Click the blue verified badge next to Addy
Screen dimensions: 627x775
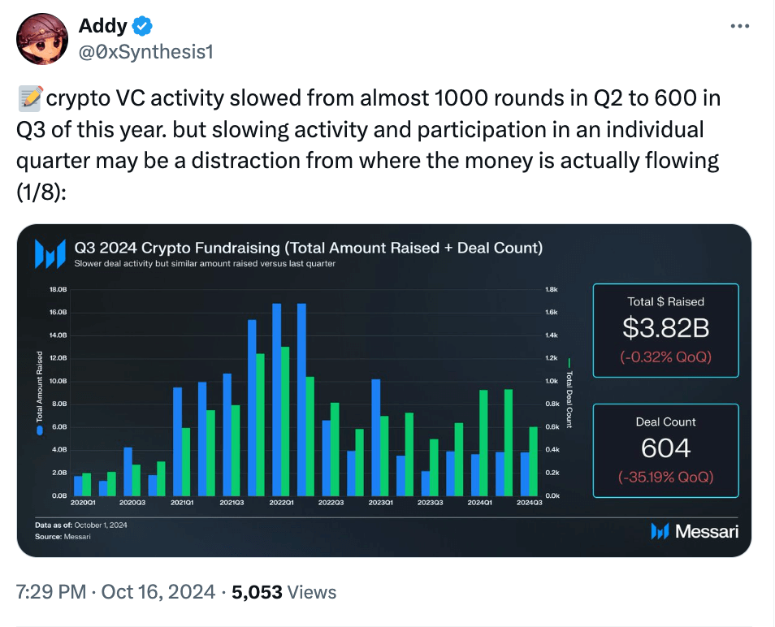point(143,27)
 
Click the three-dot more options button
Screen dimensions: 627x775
point(739,26)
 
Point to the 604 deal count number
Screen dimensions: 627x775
point(665,448)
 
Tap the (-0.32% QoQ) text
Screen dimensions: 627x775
point(665,356)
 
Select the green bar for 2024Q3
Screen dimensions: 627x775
point(533,461)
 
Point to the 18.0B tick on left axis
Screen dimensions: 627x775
point(58,289)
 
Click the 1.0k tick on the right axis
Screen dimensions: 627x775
point(551,381)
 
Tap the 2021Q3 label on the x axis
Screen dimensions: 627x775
point(232,504)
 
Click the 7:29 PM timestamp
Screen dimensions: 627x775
point(50,592)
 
